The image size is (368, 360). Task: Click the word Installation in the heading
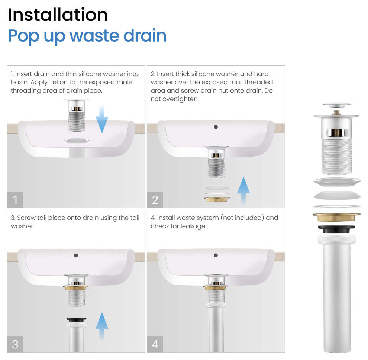(58, 15)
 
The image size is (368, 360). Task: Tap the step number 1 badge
(15, 200)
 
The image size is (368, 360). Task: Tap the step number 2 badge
(155, 200)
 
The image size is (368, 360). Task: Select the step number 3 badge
(15, 344)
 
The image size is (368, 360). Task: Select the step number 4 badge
(155, 344)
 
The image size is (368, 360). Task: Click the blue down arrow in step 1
(102, 119)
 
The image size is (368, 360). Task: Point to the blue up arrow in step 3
(102, 326)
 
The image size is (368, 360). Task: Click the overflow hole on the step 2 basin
(216, 127)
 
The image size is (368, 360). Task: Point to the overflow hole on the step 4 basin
(216, 255)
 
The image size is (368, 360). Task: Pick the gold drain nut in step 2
(217, 200)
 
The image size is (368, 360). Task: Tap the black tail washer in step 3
(76, 320)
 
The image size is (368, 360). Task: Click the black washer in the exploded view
(336, 229)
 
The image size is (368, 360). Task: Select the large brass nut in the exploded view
(336, 217)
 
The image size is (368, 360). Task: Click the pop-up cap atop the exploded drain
(337, 105)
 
